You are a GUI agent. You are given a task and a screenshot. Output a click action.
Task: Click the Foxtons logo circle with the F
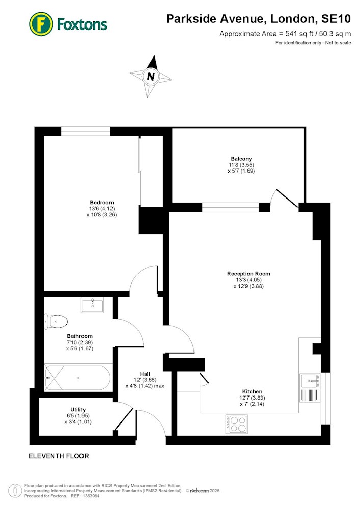coord(41,24)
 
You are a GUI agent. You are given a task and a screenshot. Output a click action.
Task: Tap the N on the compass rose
coord(151,77)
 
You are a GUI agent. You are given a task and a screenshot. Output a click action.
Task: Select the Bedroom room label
coord(102,202)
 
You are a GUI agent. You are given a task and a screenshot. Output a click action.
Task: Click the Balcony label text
coord(241,159)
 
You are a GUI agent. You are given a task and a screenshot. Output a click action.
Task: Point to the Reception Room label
coord(248,274)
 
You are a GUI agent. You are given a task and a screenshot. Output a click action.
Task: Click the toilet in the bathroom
coord(56,321)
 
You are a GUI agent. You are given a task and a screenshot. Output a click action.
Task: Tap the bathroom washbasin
coord(93,305)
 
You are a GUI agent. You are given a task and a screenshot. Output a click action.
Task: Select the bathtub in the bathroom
coord(77,378)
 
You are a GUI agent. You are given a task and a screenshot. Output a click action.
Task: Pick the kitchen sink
coord(310,380)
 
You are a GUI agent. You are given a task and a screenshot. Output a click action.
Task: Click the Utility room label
coord(78,409)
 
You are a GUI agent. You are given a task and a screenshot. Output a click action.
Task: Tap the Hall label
coord(145,374)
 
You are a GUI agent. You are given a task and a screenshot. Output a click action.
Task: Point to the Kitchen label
coord(252,391)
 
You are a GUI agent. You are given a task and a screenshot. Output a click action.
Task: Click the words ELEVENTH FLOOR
coord(59,456)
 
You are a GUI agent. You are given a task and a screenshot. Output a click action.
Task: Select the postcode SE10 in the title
coord(336,19)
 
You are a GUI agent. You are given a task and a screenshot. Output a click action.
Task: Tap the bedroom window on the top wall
coord(86,131)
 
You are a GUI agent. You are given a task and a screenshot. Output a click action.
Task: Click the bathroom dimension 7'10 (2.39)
coord(79,342)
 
